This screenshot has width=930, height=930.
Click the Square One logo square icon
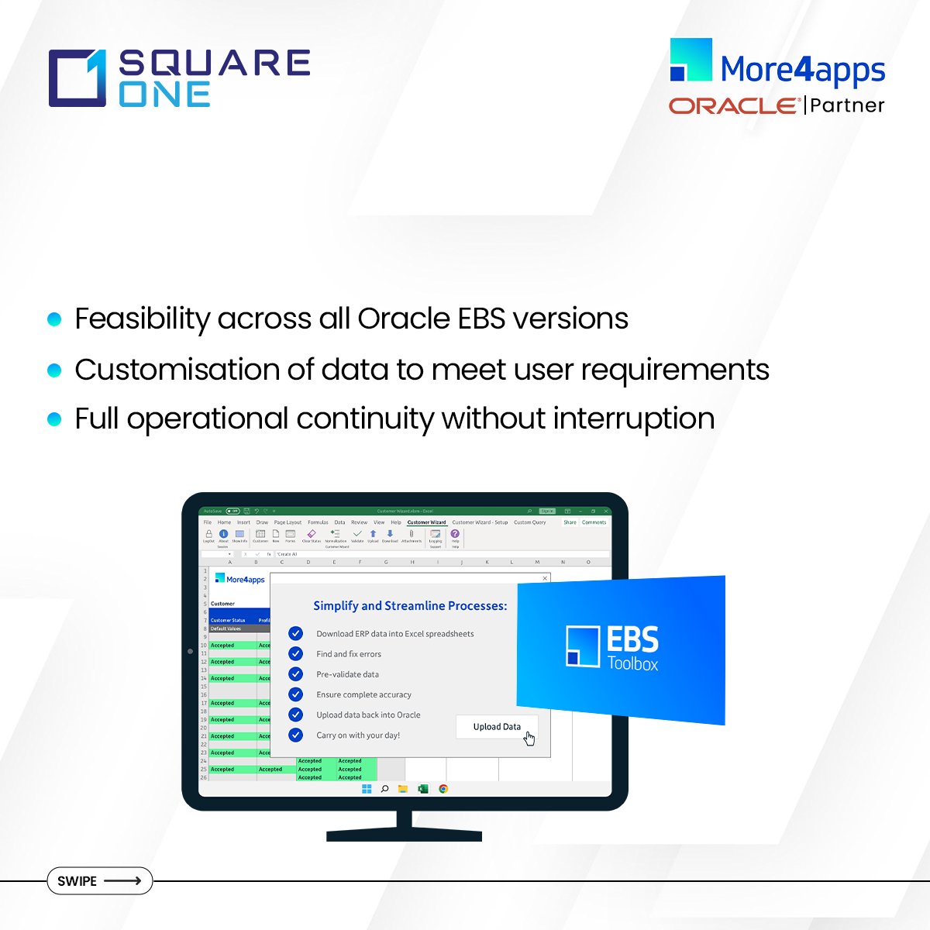click(77, 78)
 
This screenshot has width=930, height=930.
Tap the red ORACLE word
click(733, 105)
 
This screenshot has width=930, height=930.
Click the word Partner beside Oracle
click(847, 105)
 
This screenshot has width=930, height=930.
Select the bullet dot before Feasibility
click(54, 319)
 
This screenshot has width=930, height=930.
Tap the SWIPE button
click(99, 881)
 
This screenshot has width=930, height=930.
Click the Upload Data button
click(497, 727)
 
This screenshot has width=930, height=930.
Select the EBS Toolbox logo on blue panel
click(612, 647)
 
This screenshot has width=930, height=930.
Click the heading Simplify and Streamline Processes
click(410, 606)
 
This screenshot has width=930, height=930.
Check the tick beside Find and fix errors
click(295, 654)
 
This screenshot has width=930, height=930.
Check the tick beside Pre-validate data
click(295, 674)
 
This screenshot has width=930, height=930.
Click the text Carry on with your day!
click(358, 735)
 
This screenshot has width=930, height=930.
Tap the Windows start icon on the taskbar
click(367, 789)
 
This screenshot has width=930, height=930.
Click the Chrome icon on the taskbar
click(443, 789)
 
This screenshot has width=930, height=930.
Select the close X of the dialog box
click(545, 578)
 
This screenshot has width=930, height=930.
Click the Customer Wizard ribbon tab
click(426, 522)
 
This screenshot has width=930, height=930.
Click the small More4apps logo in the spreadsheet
click(240, 579)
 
